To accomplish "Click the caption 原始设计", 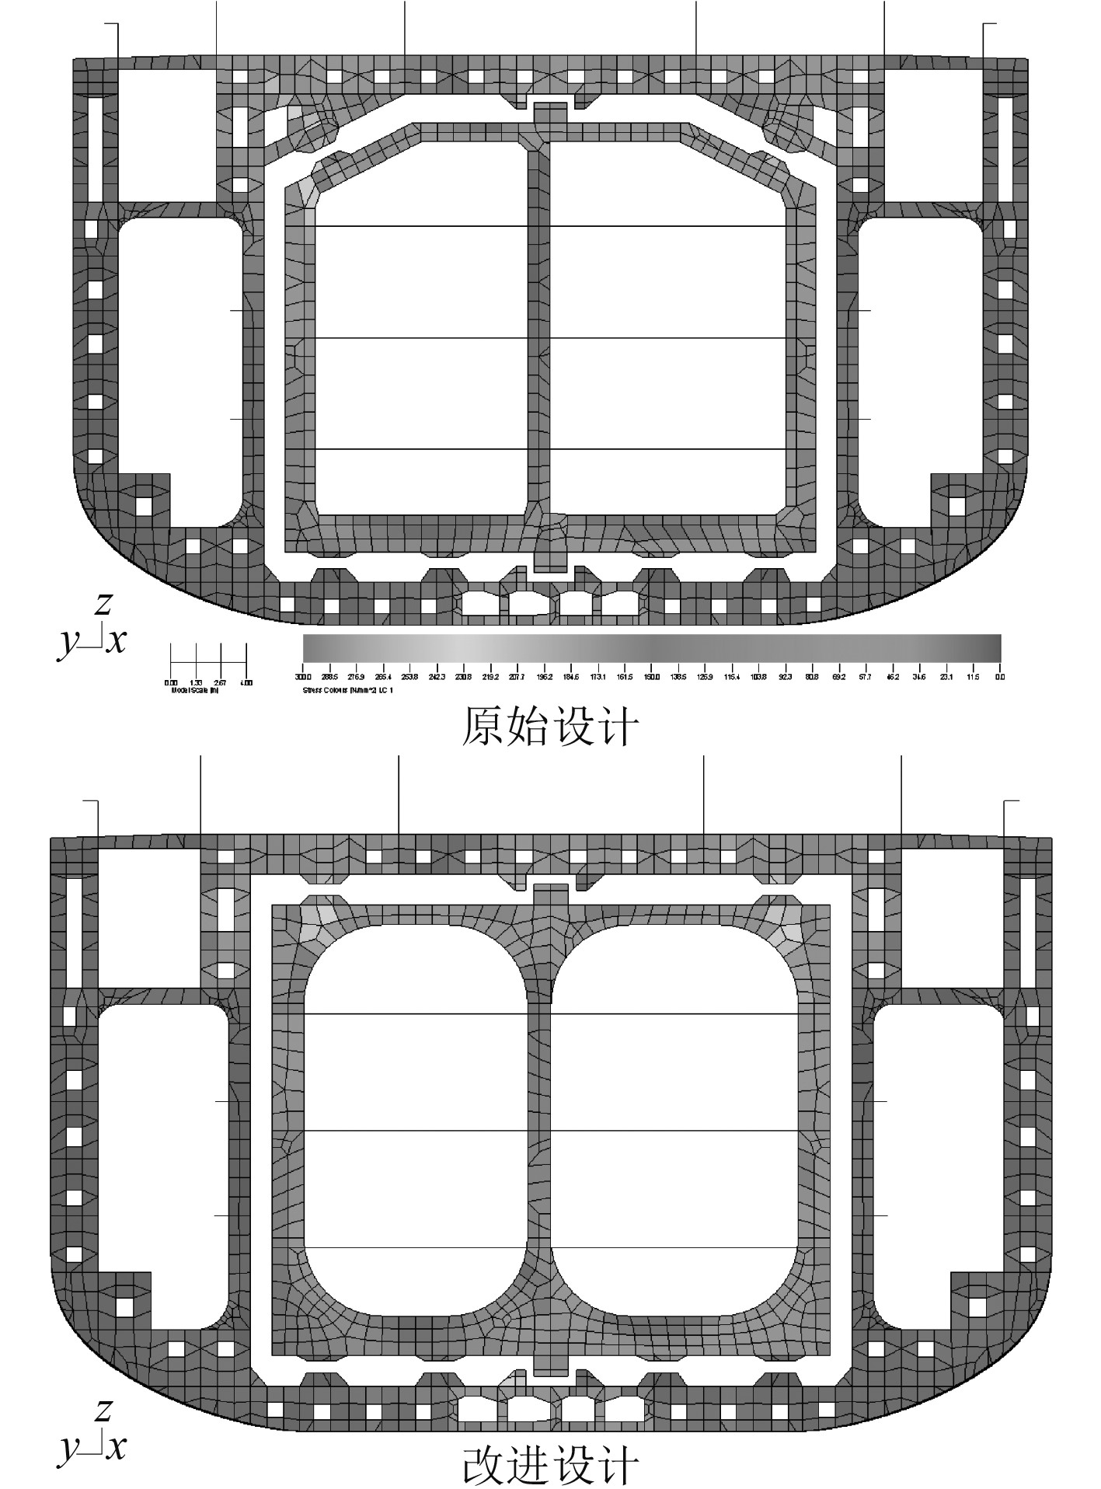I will [550, 726].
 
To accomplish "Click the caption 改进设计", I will [550, 1466].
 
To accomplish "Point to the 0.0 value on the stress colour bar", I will [1000, 677].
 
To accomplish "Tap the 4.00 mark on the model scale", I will [246, 682].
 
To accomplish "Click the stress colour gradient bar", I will [651, 647].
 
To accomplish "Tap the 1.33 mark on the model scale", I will [196, 682].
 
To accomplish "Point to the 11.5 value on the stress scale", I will [971, 677].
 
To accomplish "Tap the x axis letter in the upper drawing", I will [117, 641].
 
